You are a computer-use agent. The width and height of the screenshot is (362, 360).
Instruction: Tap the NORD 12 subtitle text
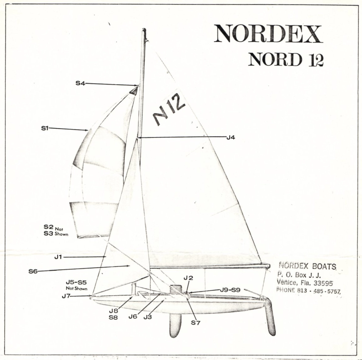pyautogui.click(x=285, y=59)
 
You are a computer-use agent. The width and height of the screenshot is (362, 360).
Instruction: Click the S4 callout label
pyautogui.click(x=80, y=83)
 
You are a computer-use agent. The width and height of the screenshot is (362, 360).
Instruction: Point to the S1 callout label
pyautogui.click(x=45, y=128)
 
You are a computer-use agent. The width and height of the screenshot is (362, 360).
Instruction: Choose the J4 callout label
pyautogui.click(x=231, y=137)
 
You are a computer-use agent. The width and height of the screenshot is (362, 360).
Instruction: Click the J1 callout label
pyautogui.click(x=59, y=257)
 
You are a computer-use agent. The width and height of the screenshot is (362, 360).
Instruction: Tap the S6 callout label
pyautogui.click(x=33, y=271)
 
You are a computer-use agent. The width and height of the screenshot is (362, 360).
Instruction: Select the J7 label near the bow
pyautogui.click(x=66, y=296)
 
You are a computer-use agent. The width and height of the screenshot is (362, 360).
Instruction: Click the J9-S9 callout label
pyautogui.click(x=230, y=290)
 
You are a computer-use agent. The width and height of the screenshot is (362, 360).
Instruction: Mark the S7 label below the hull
pyautogui.click(x=196, y=322)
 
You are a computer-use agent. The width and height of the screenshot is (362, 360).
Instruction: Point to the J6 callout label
pyautogui.click(x=133, y=317)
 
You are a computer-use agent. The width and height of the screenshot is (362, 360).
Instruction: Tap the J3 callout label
pyautogui.click(x=147, y=317)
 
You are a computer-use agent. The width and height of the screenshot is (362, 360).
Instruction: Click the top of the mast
pyautogui.click(x=144, y=31)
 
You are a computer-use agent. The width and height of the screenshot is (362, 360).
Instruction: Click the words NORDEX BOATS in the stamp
pyautogui.click(x=307, y=266)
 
